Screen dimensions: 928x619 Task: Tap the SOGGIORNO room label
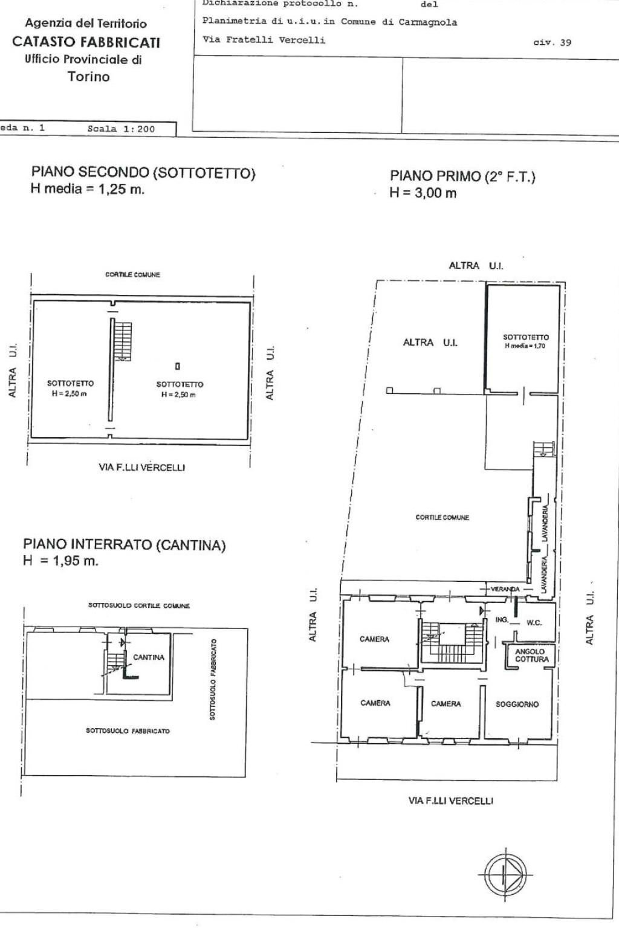[x=517, y=704]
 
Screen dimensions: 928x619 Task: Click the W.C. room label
[x=534, y=623]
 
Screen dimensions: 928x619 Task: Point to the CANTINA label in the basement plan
[x=149, y=657]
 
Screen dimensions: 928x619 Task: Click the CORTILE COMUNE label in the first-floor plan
[x=442, y=518]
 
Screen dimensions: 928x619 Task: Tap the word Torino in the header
[x=88, y=77]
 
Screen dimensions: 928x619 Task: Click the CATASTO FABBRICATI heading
[x=86, y=42]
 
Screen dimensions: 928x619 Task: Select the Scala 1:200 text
[x=121, y=129]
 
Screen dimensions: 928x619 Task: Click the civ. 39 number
[x=552, y=42]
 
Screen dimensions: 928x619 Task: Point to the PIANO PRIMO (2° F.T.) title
[x=462, y=176]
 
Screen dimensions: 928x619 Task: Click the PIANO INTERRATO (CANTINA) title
[x=124, y=545]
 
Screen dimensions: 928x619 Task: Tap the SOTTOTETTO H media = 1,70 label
[x=526, y=341]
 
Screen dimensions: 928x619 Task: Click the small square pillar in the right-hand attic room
[x=177, y=366]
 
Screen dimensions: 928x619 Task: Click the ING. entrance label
[x=502, y=620]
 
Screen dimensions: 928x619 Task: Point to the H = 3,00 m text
[x=423, y=193]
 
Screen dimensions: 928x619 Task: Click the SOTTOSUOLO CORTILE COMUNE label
[x=139, y=605]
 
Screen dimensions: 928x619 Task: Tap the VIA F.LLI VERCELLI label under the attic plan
[x=141, y=467]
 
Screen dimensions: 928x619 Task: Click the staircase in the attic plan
[x=123, y=341]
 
